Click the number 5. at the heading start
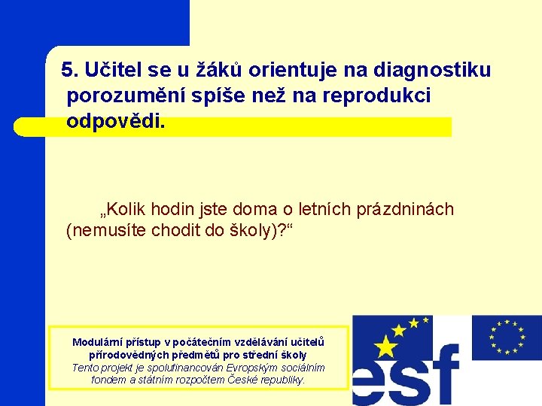click(x=71, y=71)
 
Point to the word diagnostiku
click(x=434, y=71)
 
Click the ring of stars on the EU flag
click(x=507, y=337)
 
